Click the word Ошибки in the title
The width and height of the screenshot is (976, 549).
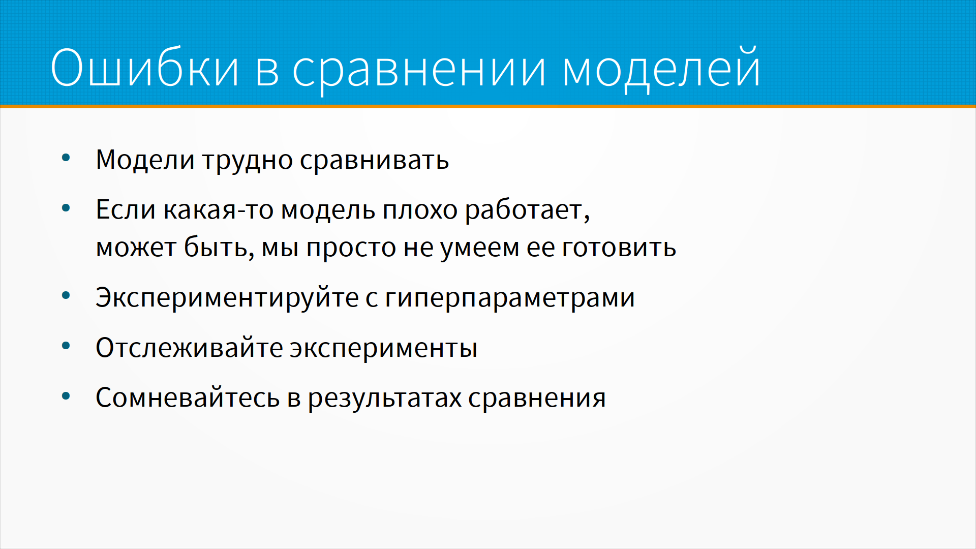tap(144, 67)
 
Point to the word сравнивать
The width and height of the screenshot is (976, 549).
tap(374, 161)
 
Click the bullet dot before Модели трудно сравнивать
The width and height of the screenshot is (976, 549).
tap(66, 158)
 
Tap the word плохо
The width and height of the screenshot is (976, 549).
tap(420, 211)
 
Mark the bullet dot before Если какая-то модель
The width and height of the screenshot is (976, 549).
tap(66, 208)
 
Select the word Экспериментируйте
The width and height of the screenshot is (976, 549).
tap(227, 298)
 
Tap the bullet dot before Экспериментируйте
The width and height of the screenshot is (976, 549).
tap(66, 295)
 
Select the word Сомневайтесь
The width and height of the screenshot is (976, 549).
tap(188, 398)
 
